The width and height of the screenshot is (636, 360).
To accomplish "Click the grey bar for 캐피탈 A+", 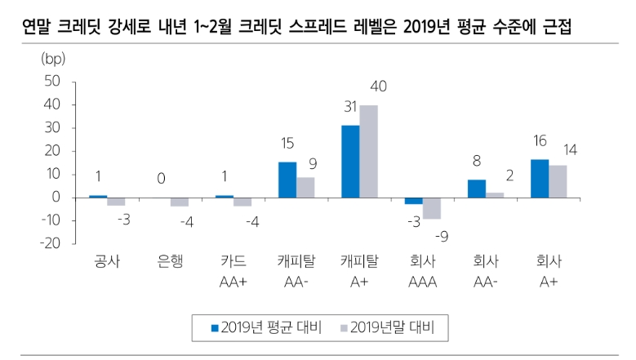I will pos(368,151).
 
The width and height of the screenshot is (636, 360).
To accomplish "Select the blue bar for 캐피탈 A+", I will pos(350,162).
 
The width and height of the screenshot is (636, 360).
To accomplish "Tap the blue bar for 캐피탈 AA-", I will pos(287,180).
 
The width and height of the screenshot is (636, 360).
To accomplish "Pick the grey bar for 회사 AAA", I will pos(432,208).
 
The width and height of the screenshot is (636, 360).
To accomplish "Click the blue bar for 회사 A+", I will pos(540,178).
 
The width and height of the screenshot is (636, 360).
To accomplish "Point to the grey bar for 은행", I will pos(179,202).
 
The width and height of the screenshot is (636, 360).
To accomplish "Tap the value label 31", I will pos(350,107).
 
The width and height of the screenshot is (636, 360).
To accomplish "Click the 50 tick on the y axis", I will pos(51,81).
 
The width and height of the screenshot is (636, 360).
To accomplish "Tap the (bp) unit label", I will pos(52,59).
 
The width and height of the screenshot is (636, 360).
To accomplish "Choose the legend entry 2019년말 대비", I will pos(387,327).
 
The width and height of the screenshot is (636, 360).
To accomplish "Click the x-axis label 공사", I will pos(106,263).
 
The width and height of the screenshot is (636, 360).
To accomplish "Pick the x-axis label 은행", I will pos(170,263).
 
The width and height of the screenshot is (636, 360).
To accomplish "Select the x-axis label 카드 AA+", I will pos(233,272).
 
